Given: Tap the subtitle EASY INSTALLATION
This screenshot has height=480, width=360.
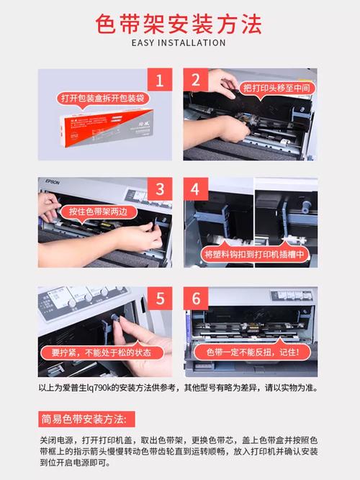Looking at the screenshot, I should click(x=179, y=43).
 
